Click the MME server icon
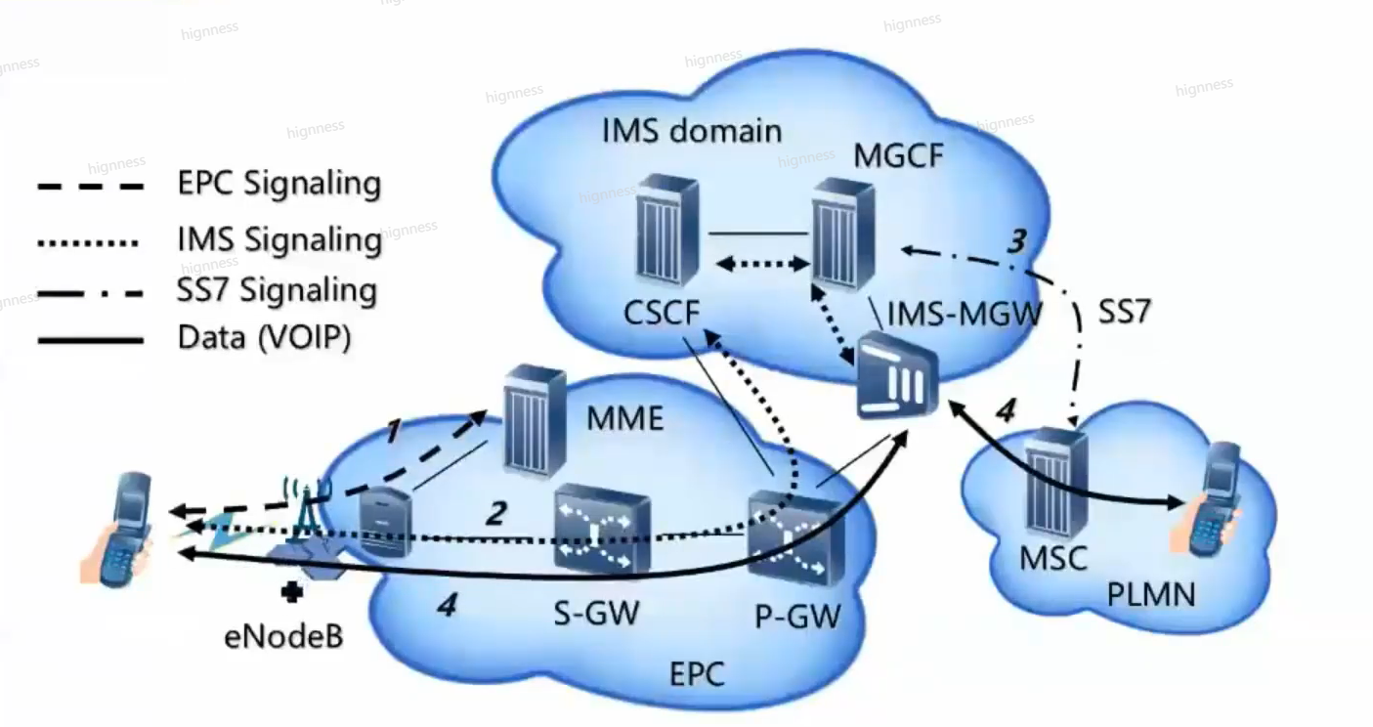point(535,421)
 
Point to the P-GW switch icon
point(796,538)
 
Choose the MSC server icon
point(1056,483)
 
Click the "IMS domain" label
point(692,131)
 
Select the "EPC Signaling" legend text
point(279,184)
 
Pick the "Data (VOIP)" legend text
point(264,337)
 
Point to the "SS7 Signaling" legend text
point(277,290)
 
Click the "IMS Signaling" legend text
point(279,239)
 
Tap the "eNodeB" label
point(283,636)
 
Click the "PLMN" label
point(1151,594)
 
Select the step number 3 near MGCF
point(1017,241)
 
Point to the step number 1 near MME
point(394,431)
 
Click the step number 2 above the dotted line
point(496,513)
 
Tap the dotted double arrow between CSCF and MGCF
point(763,264)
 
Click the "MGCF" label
point(898,155)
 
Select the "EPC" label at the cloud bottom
point(697,674)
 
